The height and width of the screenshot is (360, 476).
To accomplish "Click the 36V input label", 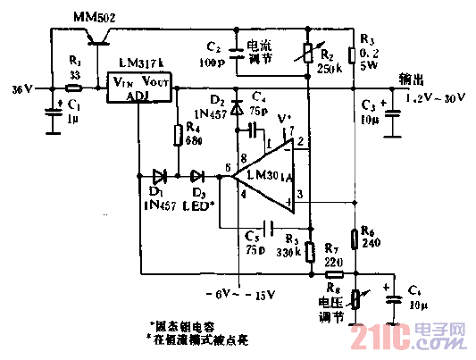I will (21, 90).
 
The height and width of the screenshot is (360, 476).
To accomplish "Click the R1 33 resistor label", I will (75, 69).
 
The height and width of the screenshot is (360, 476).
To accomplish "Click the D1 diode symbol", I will (160, 175).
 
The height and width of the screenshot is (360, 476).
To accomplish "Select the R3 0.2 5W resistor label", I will (368, 51).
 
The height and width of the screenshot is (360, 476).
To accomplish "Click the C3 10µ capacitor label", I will (369, 113).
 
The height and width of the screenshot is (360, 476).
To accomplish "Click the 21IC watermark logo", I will (406, 337).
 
